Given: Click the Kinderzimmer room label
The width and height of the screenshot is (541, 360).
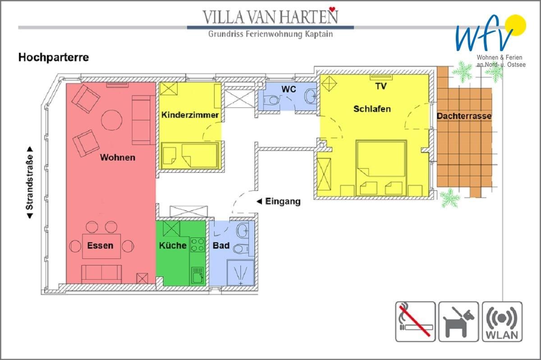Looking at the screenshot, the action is tap(190, 115).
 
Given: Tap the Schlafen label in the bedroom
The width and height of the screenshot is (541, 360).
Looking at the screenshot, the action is tap(372, 109).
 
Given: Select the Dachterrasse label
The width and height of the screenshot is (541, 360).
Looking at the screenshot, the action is tap(464, 116).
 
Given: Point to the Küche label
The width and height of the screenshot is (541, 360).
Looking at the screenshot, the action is tap(173, 245).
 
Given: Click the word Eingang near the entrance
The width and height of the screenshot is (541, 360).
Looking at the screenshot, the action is tap(283, 201).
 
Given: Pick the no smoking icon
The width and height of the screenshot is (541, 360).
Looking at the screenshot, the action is tap(415, 321).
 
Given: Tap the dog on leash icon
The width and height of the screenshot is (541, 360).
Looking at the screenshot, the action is tap(458, 321).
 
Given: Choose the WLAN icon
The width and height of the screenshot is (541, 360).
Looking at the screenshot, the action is tap(502, 321).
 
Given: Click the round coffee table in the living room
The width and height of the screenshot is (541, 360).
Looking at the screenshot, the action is tap(112, 120).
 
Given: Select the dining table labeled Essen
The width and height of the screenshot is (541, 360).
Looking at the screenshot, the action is tap(101, 246).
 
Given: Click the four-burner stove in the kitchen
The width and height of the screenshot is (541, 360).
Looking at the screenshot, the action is tap(197, 245).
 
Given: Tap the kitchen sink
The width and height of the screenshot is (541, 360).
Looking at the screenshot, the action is tap(198, 275).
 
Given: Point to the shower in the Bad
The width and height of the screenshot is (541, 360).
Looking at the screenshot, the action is tap(241, 272).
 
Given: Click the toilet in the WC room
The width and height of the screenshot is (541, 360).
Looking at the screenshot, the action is tap(271, 100).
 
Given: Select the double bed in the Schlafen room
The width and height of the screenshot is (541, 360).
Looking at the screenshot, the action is tap(381, 168).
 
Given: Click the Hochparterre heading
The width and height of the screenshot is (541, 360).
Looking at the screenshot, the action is tap(54, 57).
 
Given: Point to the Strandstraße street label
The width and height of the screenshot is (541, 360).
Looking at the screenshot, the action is tap(29, 182).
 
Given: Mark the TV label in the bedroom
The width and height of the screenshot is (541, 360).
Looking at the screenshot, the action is tap(381, 86).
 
